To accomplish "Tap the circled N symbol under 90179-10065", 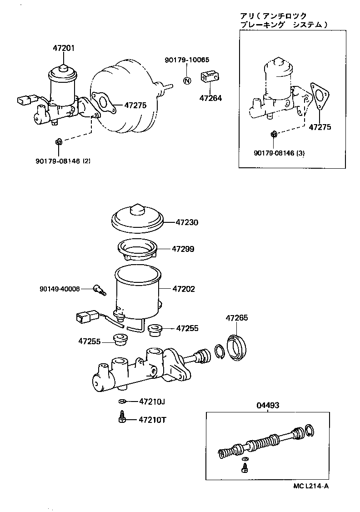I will tap(187, 81).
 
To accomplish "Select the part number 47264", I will tap(210, 98).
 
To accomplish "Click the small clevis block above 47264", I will tap(210, 77).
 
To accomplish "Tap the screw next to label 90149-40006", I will tap(99, 289).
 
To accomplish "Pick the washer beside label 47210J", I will tap(121, 401).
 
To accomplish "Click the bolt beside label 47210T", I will tap(122, 417).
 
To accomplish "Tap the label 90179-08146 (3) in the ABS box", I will tap(279, 153).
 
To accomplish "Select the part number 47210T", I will tap(153, 419).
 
